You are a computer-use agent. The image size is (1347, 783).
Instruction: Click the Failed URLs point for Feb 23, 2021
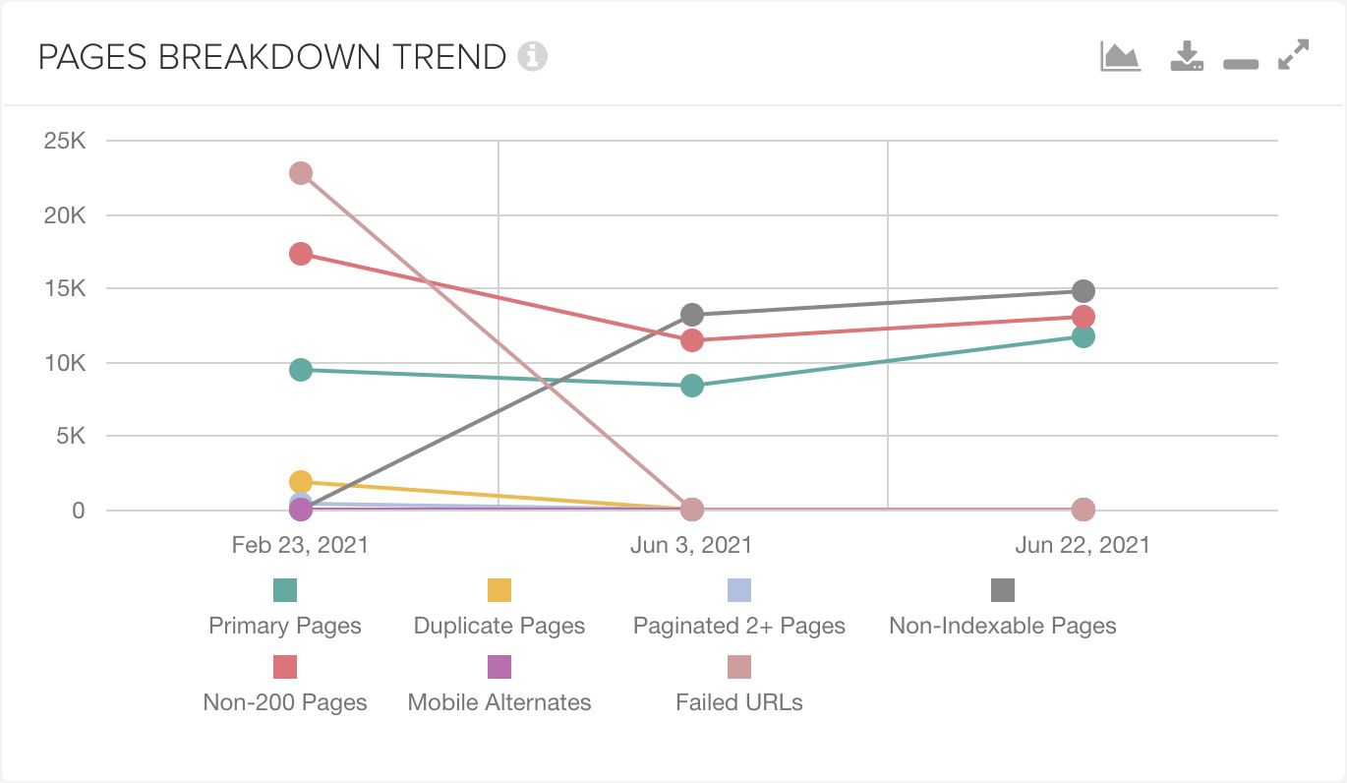301,173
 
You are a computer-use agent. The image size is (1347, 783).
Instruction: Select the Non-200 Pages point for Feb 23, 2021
301,254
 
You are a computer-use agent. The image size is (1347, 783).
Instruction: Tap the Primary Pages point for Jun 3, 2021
692,386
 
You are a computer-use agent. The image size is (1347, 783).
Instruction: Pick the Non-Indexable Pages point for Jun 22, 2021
1083,291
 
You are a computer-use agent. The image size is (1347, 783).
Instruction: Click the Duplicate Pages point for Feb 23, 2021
301,481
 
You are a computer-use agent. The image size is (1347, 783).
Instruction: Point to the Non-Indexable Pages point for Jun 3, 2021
692,314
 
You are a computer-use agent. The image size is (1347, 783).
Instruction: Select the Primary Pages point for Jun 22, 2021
1083,336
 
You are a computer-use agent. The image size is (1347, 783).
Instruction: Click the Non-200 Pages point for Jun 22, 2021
1083,317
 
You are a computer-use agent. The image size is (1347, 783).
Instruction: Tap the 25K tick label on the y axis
64,141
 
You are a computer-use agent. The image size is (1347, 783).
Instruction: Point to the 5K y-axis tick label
71,436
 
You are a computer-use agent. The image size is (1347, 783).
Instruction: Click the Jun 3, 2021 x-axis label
691,545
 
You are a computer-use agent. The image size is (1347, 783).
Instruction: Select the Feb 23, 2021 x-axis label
300,545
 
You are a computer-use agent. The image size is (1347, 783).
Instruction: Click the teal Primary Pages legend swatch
285,590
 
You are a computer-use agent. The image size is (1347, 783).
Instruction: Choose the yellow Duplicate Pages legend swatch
499,590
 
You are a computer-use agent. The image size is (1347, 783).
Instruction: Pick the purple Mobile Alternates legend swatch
499,667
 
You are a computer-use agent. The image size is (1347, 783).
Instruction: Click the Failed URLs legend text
739,702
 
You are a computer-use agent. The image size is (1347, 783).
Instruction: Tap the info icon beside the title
533,57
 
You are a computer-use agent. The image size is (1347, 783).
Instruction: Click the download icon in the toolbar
1187,55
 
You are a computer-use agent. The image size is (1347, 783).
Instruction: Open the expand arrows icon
1294,55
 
